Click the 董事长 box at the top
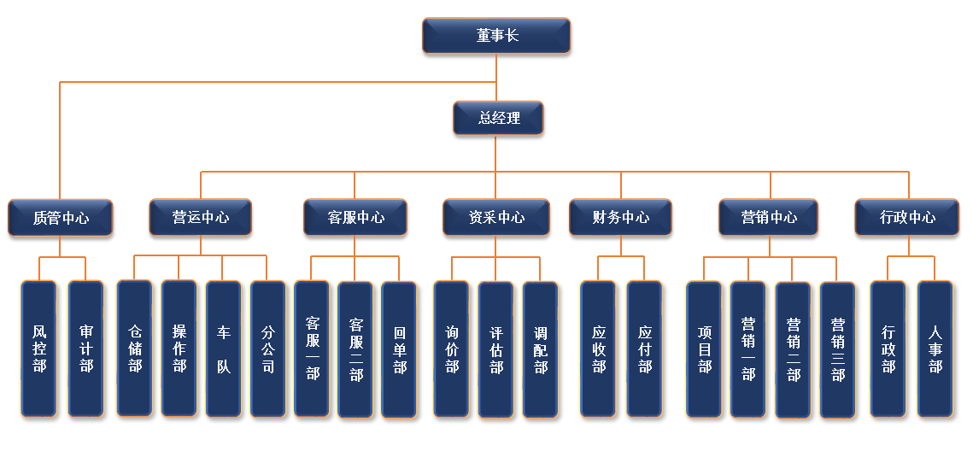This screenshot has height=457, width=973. click(496, 36)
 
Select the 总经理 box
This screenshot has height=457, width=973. click(498, 119)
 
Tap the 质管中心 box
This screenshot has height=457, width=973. click(60, 218)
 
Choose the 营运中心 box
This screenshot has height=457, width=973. click(201, 218)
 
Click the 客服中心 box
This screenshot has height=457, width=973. click(355, 218)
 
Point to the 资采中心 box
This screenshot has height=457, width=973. click(496, 218)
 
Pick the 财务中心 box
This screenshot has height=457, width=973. click(620, 218)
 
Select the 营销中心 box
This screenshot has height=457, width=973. click(769, 218)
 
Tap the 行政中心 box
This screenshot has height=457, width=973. click(907, 218)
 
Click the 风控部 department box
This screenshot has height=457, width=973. click(39, 349)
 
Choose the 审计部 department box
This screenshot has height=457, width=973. click(85, 349)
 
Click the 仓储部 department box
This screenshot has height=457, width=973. click(134, 349)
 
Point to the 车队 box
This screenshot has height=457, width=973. click(223, 349)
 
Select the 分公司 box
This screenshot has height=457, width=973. click(268, 349)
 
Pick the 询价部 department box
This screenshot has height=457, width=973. click(451, 349)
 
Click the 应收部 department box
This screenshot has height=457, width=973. click(598, 349)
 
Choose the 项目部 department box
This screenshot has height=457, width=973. click(704, 349)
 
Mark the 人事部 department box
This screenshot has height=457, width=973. click(935, 349)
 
